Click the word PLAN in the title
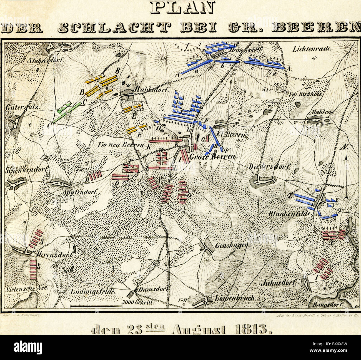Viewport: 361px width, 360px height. (182, 8)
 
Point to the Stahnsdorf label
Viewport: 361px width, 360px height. (47, 60)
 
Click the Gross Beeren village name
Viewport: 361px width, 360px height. (212, 157)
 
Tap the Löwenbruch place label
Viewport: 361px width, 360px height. (235, 298)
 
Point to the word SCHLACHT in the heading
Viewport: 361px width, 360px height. (114, 28)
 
